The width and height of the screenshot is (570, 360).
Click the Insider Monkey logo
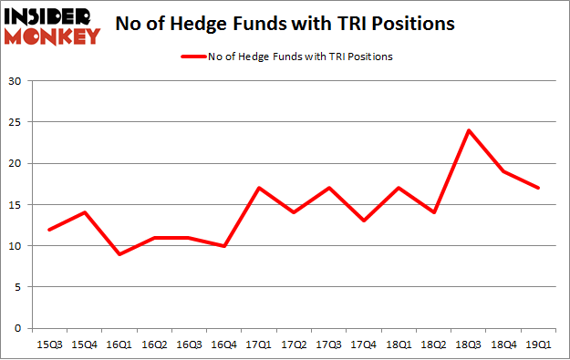click(52, 26)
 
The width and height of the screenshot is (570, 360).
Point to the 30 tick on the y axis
click(16, 81)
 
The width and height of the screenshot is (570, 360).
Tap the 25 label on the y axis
click(16, 122)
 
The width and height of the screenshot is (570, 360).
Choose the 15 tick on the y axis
click(16, 205)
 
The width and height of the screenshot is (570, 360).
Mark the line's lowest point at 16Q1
click(119, 254)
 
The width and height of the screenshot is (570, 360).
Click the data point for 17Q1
click(260, 188)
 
